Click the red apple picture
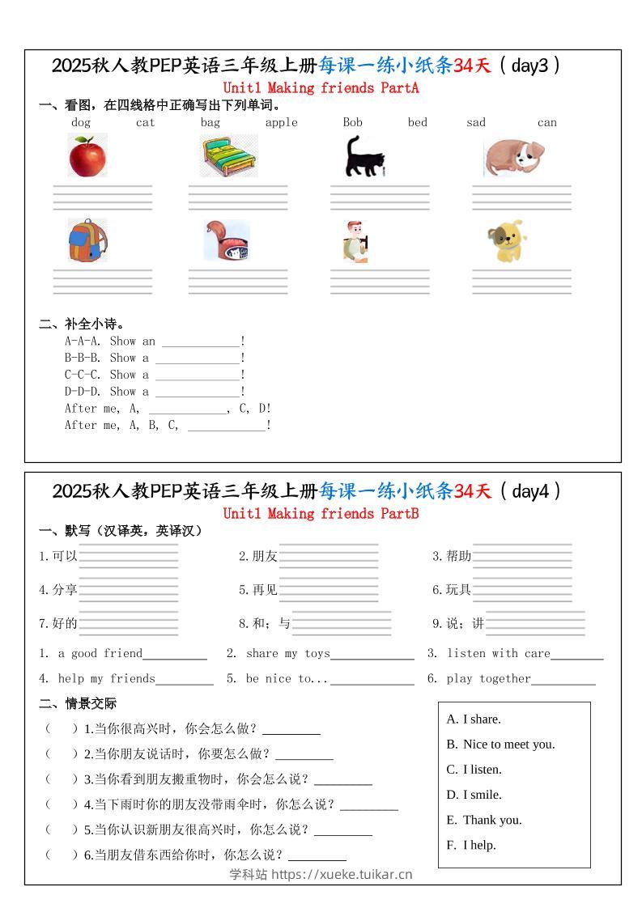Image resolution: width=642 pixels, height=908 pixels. (87, 156)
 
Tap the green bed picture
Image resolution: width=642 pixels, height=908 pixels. (231, 156)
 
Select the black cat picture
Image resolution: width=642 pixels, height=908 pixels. (364, 157)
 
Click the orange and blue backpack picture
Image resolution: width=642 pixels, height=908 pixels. (87, 240)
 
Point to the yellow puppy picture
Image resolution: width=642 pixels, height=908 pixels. (507, 241)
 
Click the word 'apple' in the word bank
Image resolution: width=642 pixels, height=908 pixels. (281, 123)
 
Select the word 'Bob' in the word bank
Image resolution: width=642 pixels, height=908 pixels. (352, 123)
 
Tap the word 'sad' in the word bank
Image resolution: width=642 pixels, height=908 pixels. (476, 123)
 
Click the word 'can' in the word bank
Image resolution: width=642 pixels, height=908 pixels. (546, 123)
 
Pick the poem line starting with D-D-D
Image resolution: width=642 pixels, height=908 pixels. (154, 392)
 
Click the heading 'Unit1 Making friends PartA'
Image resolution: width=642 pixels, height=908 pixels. (321, 87)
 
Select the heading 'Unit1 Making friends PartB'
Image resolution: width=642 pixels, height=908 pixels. (321, 513)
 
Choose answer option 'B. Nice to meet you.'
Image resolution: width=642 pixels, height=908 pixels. (500, 745)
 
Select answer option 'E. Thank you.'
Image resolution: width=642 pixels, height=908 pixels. (484, 820)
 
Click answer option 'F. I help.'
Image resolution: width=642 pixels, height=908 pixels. (471, 845)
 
